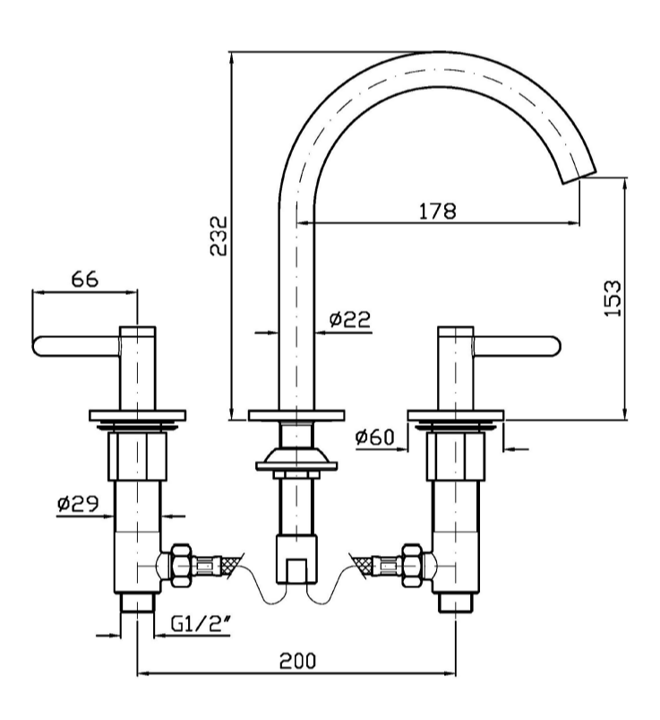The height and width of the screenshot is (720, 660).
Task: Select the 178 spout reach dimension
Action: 438,212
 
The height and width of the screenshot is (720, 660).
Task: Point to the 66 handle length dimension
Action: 84,279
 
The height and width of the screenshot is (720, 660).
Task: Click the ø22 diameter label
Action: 349,318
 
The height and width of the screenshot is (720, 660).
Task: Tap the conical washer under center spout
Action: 296,463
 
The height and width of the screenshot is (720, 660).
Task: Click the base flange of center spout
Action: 296,415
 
